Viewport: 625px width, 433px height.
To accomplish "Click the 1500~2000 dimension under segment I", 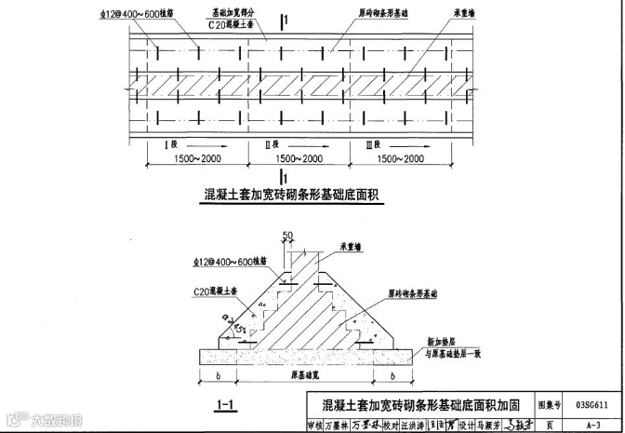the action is pos(196,159).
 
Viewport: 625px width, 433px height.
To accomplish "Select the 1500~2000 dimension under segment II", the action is pos(297,159).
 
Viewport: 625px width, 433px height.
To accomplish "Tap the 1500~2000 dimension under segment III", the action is pos(398,159).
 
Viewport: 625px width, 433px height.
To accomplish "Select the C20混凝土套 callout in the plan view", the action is pos(227,28).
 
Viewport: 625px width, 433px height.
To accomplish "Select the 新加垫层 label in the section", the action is pos(434,341).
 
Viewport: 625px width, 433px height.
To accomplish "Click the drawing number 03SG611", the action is pos(592,404).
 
